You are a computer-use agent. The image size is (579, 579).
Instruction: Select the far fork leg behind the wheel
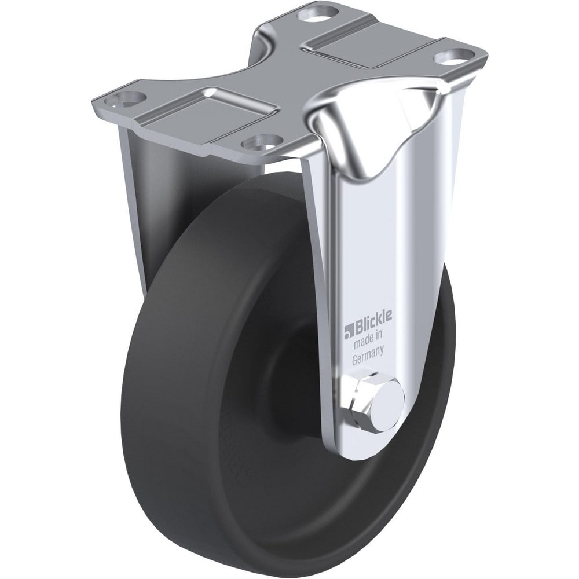pos(139,174)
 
